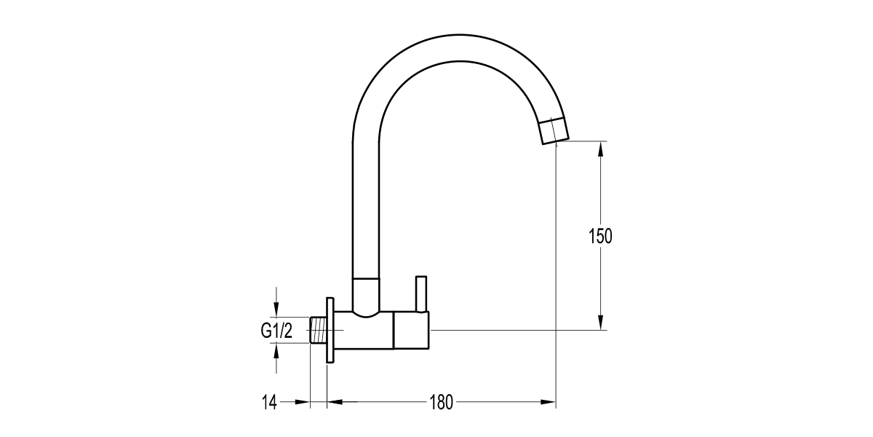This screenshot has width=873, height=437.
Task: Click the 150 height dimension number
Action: (x=600, y=236)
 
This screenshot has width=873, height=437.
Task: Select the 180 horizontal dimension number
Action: (x=441, y=401)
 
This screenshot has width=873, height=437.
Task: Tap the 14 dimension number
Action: (x=269, y=401)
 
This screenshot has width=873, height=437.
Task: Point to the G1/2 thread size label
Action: (x=276, y=331)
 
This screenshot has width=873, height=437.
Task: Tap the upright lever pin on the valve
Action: (x=420, y=293)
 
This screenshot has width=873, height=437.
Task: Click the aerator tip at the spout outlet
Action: (x=556, y=132)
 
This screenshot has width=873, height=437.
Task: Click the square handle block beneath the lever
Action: (x=411, y=330)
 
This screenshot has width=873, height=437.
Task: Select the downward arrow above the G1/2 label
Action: (x=276, y=309)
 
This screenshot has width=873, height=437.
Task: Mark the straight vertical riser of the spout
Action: (x=365, y=204)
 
